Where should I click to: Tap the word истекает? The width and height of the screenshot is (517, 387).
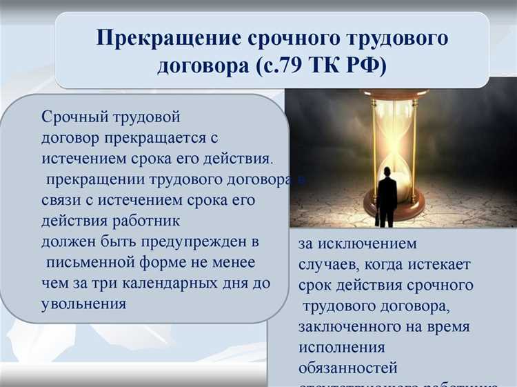(x=437, y=264)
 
